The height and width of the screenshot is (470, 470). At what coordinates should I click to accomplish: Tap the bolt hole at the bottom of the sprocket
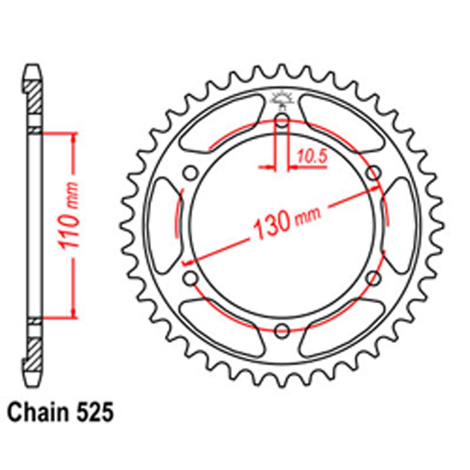(x=282, y=330)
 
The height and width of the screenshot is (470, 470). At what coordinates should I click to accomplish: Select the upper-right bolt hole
(x=374, y=172)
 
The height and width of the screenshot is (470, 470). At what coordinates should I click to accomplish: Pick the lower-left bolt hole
(x=190, y=278)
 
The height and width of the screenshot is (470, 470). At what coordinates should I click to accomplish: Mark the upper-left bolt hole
(x=190, y=172)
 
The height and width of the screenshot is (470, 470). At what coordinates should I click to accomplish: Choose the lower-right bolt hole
(x=374, y=278)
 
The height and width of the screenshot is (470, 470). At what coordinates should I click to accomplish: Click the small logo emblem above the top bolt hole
(x=282, y=98)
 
